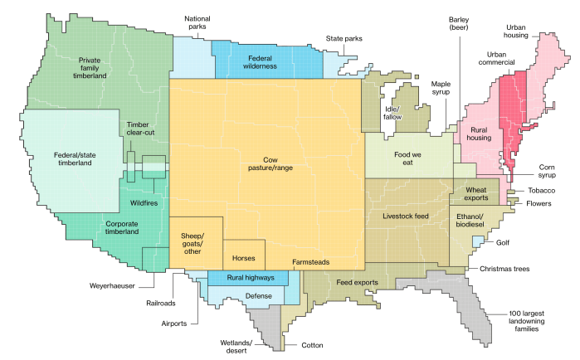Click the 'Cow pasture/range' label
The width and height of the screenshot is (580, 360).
click(266, 163)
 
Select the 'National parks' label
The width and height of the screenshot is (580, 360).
click(197, 22)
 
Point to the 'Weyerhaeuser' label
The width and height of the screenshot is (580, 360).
click(112, 285)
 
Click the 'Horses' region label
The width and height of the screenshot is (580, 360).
click(243, 258)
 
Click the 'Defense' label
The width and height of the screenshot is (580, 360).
click(258, 295)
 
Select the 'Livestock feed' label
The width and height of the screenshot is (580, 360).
click(406, 216)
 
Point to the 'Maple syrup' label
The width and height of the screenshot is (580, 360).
click(441, 89)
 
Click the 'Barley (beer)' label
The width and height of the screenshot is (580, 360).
click(459, 22)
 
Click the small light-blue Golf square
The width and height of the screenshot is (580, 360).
click(477, 241)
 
